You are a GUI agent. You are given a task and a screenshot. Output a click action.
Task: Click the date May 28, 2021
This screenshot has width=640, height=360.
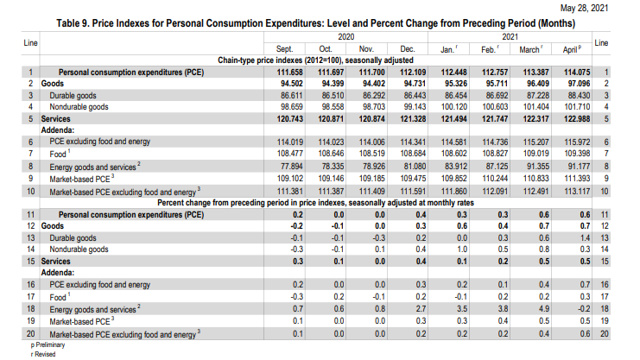coord(584,8)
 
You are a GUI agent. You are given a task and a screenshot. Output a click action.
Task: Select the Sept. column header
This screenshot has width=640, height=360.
coord(284,49)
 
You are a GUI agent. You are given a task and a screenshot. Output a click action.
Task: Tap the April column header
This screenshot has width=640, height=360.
coord(572,49)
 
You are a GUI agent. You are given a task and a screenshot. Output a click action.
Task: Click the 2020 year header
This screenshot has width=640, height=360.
coord(345,37)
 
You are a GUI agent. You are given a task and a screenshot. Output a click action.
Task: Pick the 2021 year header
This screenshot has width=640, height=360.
coord(510,37)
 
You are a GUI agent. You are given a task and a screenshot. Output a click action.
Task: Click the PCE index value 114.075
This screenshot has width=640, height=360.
coord(577,73)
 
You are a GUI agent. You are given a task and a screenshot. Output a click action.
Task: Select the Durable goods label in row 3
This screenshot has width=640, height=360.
coord(73,96)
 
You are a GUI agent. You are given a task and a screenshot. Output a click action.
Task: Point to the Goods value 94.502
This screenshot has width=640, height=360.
coord(291,83)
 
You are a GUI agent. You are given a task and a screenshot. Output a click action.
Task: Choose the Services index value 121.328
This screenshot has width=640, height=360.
coord(413,119)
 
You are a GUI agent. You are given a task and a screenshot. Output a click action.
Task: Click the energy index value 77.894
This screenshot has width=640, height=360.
coord(291,166)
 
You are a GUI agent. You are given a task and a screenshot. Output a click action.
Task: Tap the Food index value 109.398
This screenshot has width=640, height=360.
coord(577,154)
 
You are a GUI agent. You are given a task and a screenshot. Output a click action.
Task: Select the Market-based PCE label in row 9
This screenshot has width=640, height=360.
coord(79,180)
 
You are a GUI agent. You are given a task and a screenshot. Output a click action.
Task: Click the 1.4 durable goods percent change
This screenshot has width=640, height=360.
coord(585,238)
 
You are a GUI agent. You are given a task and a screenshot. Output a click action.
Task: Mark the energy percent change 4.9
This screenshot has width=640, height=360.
coord(544,308)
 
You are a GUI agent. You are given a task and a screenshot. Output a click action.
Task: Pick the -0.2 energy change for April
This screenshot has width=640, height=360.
coord(584,308)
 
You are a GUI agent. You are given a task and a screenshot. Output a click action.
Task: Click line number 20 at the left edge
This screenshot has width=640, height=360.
coord(30,334)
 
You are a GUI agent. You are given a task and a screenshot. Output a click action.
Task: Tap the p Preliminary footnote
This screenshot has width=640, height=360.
coord(48,345)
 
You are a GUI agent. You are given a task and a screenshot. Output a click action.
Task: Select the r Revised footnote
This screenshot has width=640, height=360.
coord(43,354)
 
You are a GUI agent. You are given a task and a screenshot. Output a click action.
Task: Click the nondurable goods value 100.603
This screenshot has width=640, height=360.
coord(495,107)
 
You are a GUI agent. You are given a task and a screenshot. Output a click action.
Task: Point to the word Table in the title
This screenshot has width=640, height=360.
coord(67,23)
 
